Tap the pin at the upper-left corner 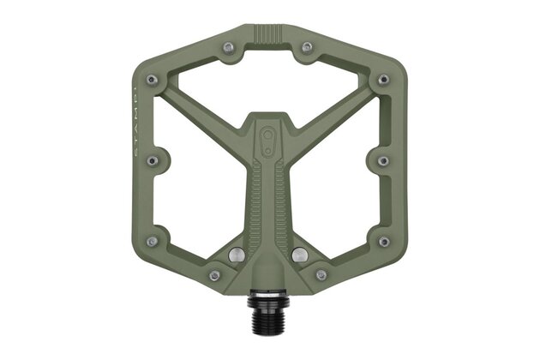pyautogui.click(x=152, y=79)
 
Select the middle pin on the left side pyautogui.click(x=152, y=160)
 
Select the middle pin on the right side pyautogui.click(x=382, y=160)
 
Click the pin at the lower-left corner pyautogui.click(x=152, y=242)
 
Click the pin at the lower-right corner pyautogui.click(x=382, y=242)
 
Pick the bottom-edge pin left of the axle pyautogui.click(x=213, y=275)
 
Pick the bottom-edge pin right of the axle pyautogui.click(x=321, y=275)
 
